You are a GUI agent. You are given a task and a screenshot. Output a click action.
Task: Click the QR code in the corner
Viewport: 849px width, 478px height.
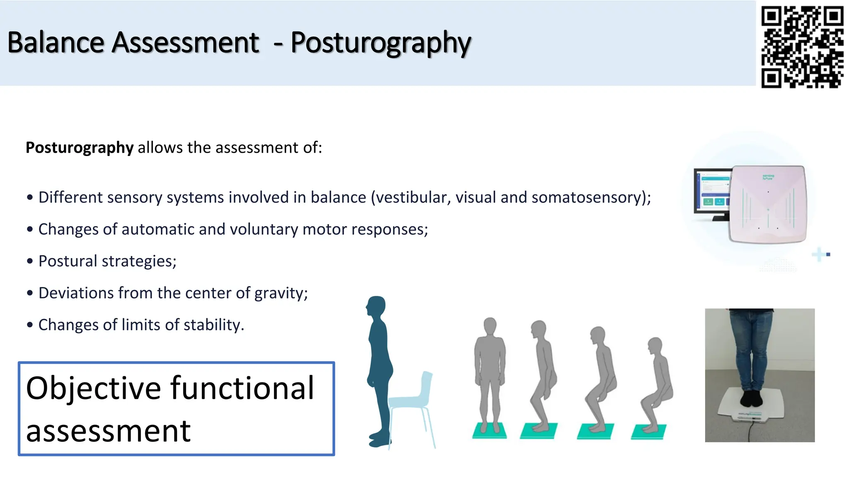[x=802, y=46]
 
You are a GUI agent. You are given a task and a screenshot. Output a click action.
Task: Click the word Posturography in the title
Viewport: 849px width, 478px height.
[x=381, y=43]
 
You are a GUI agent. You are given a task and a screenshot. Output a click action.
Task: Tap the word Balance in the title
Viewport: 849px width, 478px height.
[x=56, y=43]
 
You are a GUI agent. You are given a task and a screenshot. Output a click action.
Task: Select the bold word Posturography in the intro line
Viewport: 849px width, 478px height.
[x=79, y=148]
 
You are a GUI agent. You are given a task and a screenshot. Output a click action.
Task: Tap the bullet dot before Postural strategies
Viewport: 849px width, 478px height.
[x=30, y=261]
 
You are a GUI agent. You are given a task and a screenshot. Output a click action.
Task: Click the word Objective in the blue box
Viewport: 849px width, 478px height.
[x=93, y=388]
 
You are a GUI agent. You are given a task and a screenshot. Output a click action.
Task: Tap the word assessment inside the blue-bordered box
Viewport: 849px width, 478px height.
[x=108, y=431]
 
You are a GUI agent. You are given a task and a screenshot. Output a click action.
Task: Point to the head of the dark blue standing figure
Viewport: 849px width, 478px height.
[x=377, y=306]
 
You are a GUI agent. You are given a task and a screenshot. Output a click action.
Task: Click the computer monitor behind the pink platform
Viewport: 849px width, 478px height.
[x=711, y=193]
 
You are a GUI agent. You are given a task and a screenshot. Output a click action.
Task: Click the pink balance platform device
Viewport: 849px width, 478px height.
[x=768, y=204]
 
